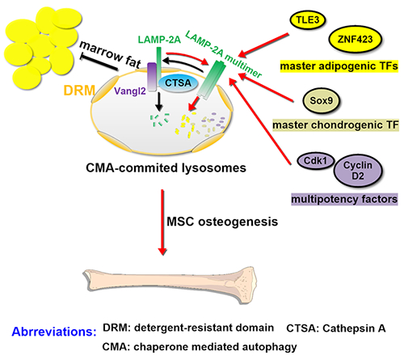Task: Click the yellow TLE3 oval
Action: pyautogui.click(x=308, y=19)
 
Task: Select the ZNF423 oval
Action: pyautogui.click(x=355, y=40)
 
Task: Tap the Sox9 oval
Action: pyautogui.click(x=321, y=100)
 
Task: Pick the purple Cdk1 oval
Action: pyautogui.click(x=315, y=161)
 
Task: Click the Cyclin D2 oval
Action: pyautogui.click(x=358, y=171)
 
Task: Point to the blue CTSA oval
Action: pyautogui.click(x=178, y=83)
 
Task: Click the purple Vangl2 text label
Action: pyautogui.click(x=130, y=91)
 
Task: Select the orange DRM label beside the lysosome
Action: pyautogui.click(x=79, y=91)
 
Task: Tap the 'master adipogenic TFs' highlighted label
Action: pyautogui.click(x=339, y=66)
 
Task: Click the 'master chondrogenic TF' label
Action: pyautogui.click(x=335, y=125)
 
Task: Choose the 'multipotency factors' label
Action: pyautogui.click(x=344, y=199)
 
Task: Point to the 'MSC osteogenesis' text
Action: pyautogui.click(x=222, y=222)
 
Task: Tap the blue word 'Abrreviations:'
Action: pyautogui.click(x=54, y=332)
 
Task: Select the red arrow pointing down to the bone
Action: pyautogui.click(x=162, y=222)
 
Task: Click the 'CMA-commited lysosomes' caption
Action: pyautogui.click(x=166, y=167)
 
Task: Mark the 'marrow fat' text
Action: pyautogui.click(x=111, y=55)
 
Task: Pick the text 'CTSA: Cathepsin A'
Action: pyautogui.click(x=336, y=328)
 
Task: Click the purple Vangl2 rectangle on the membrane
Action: pyautogui.click(x=152, y=77)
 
